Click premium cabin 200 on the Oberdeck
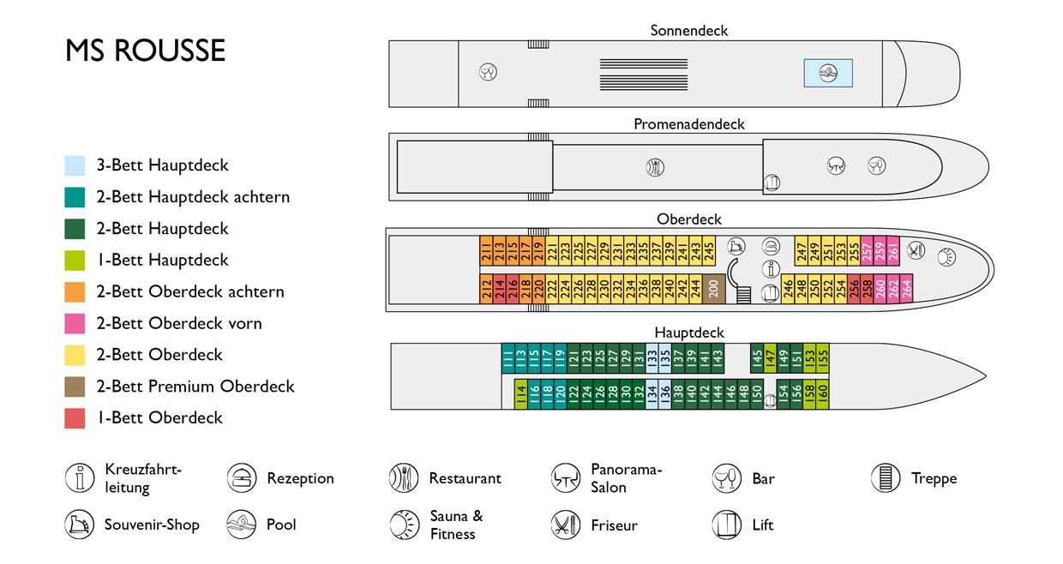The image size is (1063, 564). (713, 289)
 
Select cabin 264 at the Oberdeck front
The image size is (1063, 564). (906, 289)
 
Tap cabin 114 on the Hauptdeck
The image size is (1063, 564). (520, 394)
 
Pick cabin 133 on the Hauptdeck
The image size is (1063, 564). (652, 357)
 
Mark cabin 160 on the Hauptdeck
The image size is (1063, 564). (822, 394)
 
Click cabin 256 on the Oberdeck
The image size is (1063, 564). (854, 289)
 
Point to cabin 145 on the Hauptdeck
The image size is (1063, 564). (757, 357)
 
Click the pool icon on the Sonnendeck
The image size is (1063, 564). (827, 72)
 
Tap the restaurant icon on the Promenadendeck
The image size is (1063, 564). (655, 166)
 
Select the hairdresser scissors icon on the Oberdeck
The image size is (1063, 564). (917, 250)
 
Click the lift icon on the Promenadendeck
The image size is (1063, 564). (772, 183)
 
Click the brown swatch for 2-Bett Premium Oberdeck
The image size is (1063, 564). (75, 387)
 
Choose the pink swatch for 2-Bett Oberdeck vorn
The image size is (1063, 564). (75, 323)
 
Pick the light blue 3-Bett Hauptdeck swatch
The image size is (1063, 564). (75, 165)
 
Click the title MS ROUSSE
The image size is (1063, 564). (145, 51)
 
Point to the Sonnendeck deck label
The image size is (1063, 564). (688, 31)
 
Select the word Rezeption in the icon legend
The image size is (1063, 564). (300, 478)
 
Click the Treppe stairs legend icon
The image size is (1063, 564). (886, 478)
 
